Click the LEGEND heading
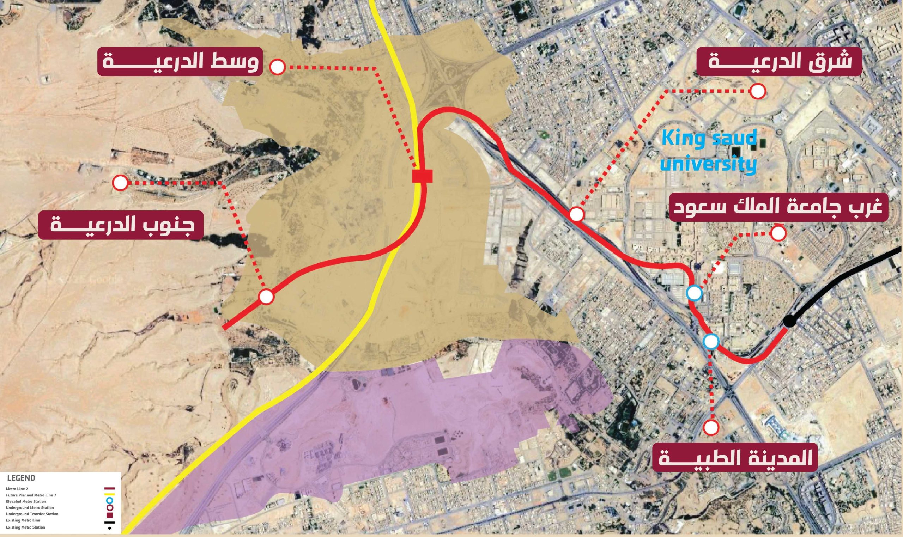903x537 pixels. [x=21, y=478]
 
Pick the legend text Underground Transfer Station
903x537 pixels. [x=32, y=514]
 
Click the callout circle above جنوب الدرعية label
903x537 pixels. [x=120, y=183]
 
